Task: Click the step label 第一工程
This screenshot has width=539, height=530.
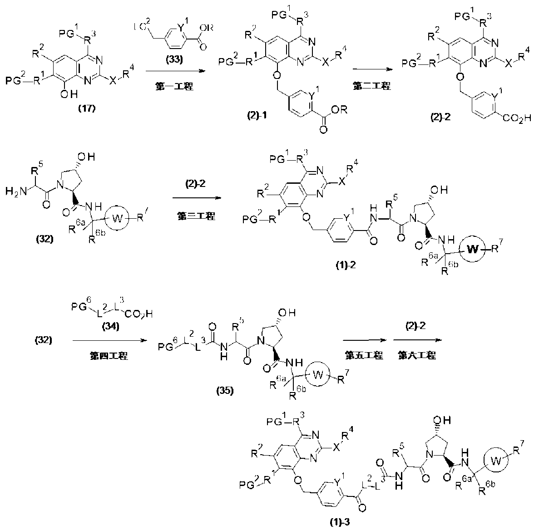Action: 171,86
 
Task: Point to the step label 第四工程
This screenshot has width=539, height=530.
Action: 108,356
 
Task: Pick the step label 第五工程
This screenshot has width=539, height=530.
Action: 363,356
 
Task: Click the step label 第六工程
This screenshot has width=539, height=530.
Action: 416,356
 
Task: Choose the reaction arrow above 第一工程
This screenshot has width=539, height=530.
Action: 171,71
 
